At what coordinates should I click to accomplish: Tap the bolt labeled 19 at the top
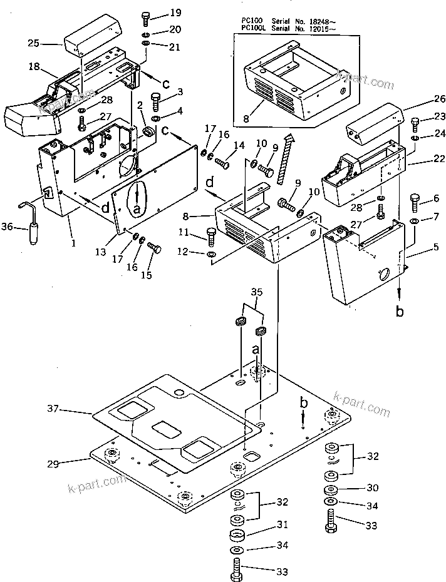[147, 17]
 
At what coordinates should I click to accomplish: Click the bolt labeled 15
[154, 249]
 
